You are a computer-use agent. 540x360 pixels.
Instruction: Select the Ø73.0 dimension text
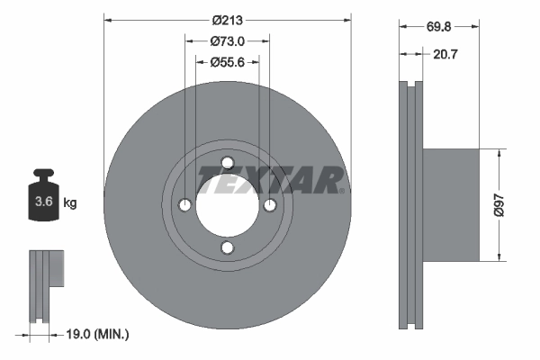coord(228,40)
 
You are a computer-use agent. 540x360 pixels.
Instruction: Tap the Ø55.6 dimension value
coord(228,62)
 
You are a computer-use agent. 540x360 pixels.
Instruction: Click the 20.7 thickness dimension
coord(438,56)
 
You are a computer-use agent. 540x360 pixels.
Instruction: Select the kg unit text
coord(70,203)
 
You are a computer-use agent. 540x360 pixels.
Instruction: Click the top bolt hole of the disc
coord(228,163)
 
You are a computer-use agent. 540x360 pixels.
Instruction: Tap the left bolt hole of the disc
coord(185,205)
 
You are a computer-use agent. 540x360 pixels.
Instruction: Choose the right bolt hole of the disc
coord(270,205)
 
